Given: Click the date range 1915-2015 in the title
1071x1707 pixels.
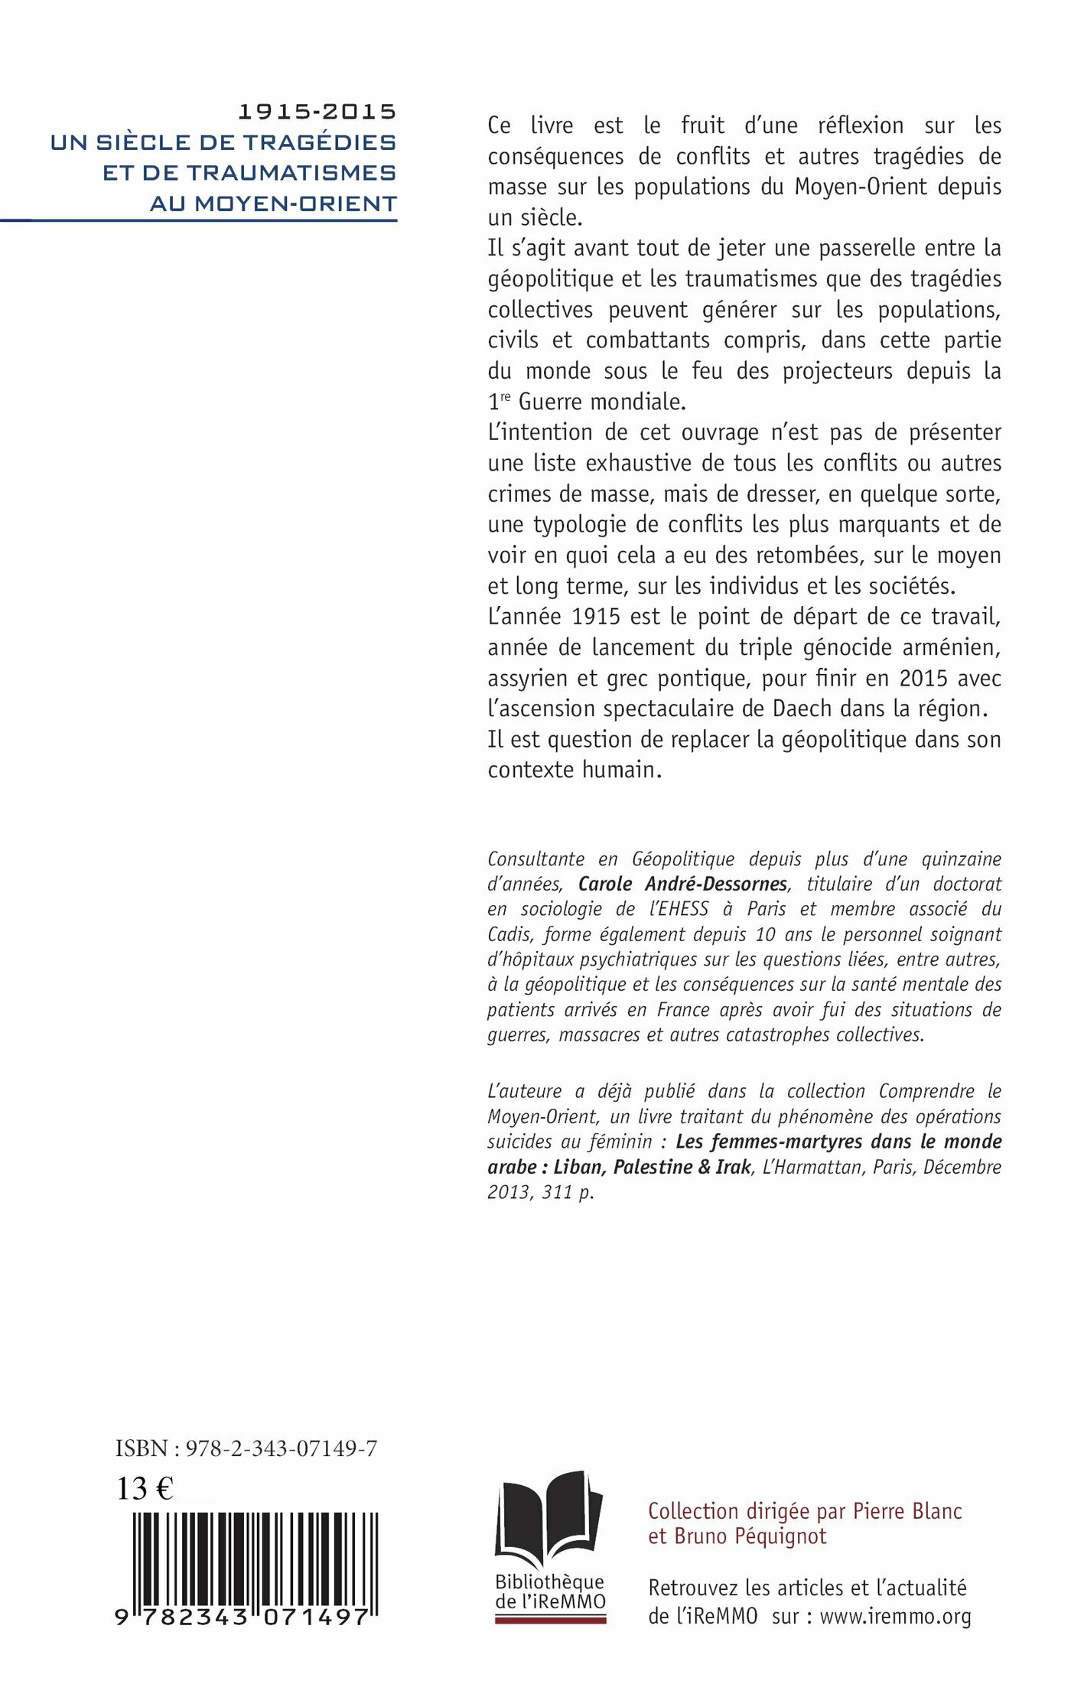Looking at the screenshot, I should pyautogui.click(x=317, y=112).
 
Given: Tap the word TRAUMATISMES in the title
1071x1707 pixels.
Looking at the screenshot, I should pyautogui.click(x=292, y=173).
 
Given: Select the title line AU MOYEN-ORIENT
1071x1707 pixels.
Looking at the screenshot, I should pyautogui.click(x=273, y=204).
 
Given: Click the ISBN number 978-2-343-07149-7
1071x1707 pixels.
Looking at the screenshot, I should pyautogui.click(x=282, y=1448).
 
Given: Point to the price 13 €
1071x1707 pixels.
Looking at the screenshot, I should pyautogui.click(x=145, y=1488).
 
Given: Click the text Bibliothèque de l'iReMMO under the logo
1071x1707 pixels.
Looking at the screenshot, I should pyautogui.click(x=550, y=1591).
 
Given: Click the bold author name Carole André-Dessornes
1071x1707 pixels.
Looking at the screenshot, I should pyautogui.click(x=682, y=884).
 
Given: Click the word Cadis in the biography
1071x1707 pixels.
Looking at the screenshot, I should pyautogui.click(x=511, y=934).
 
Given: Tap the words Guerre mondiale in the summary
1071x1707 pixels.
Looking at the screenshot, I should pyautogui.click(x=602, y=402).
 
